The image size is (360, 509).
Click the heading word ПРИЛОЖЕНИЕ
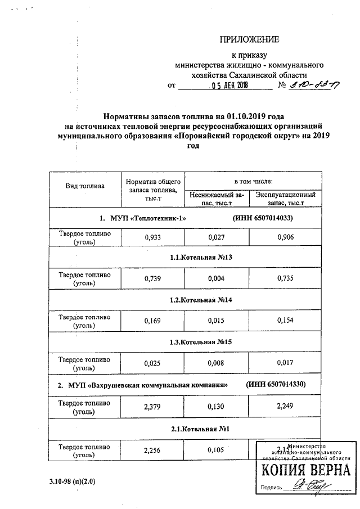[249, 39]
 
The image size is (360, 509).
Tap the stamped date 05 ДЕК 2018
[229, 86]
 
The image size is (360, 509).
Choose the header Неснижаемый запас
[217, 198]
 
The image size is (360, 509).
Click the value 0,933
[152, 237]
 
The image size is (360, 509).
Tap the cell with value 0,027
[217, 237]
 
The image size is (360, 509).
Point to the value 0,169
[152, 322]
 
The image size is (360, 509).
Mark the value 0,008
[217, 363]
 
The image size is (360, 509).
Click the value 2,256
[152, 449]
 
